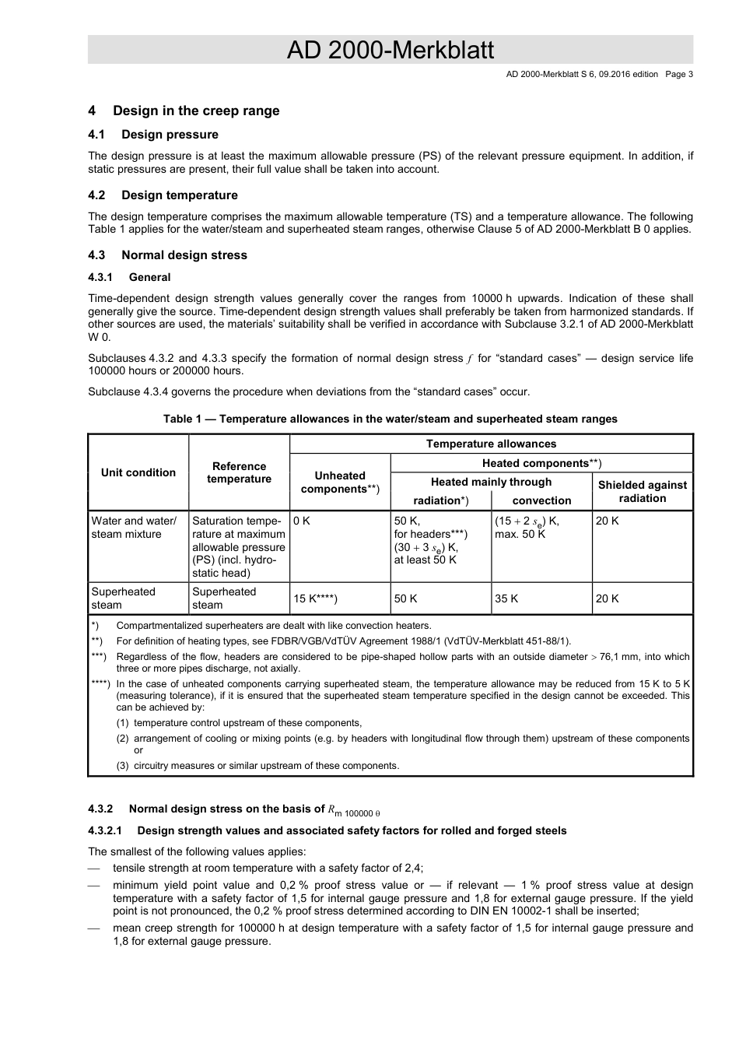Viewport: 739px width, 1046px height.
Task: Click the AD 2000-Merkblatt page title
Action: coord(390,51)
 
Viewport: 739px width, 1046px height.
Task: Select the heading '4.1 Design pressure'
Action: coord(153,135)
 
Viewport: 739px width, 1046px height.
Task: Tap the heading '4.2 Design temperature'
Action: coord(163,195)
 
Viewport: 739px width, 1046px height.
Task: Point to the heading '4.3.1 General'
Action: coord(129,277)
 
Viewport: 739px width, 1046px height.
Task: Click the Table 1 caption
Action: coord(390,419)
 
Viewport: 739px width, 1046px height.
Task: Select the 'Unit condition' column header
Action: coord(138,472)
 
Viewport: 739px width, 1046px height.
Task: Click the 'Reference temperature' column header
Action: coord(239,472)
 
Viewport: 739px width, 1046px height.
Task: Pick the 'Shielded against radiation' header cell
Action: coord(642,491)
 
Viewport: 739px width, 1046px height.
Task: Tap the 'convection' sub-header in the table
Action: coord(541,500)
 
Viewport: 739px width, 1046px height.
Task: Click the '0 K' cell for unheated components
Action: coord(302,521)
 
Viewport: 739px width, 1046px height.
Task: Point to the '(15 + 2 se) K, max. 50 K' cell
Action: coord(527,528)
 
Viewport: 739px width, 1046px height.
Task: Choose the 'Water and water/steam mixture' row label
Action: coord(134,528)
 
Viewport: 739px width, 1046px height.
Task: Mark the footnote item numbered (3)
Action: coord(257,766)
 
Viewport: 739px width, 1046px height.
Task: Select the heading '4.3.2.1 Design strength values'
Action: coord(327,830)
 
